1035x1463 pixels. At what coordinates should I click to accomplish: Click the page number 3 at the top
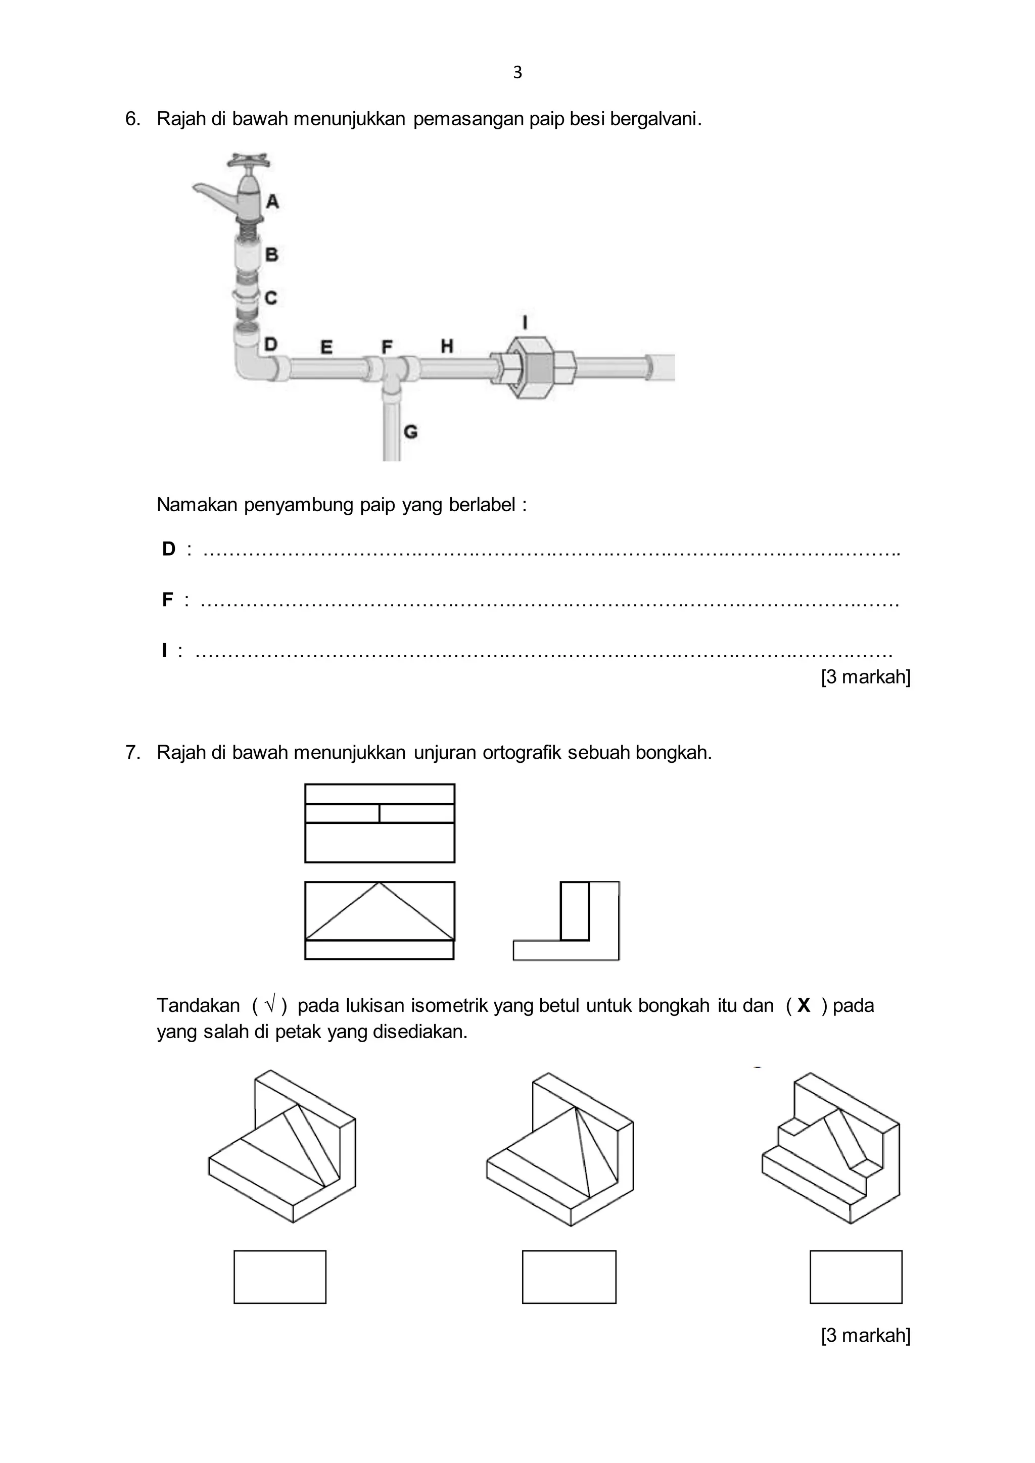click(x=517, y=73)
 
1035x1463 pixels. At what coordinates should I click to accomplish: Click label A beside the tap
click(x=272, y=202)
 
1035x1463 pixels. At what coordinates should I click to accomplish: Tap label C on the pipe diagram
click(x=271, y=298)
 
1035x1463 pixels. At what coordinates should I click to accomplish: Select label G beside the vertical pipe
click(x=410, y=432)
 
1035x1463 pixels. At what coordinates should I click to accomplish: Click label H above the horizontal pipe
click(x=447, y=346)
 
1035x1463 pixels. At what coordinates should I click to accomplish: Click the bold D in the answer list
click(x=169, y=549)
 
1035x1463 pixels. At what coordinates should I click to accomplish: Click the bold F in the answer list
click(x=168, y=600)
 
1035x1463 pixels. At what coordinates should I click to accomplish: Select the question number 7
click(x=132, y=753)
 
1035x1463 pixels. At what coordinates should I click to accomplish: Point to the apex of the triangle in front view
click(x=379, y=883)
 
